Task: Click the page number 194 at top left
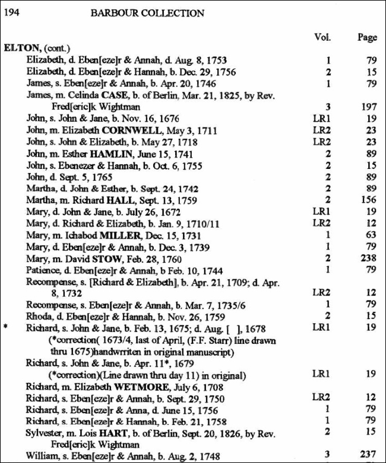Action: click(x=12, y=13)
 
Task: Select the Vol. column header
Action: click(x=322, y=37)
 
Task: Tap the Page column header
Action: click(x=366, y=37)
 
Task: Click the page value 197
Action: click(x=369, y=107)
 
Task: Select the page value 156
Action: click(x=369, y=200)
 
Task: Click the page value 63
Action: click(x=371, y=235)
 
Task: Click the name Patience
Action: click(x=43, y=270)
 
